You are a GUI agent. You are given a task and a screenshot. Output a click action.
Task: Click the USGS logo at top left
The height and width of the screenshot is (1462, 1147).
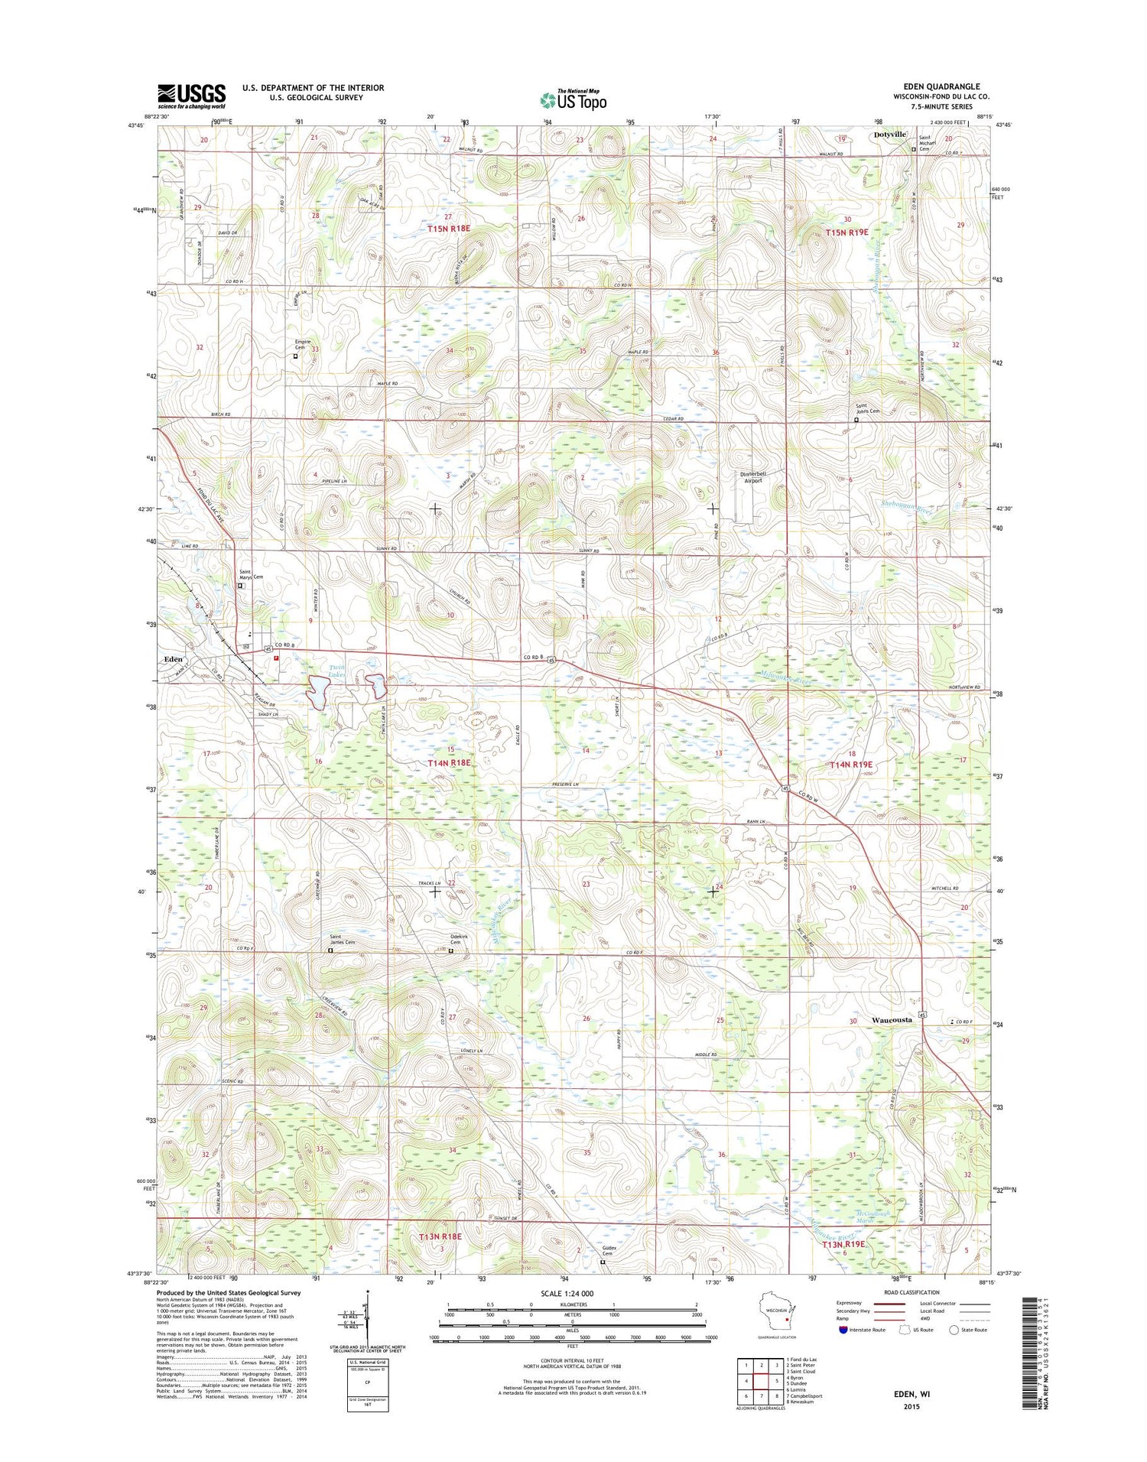pyautogui.click(x=191, y=95)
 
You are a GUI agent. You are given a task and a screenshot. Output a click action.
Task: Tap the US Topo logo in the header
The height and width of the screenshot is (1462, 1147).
pyautogui.click(x=573, y=99)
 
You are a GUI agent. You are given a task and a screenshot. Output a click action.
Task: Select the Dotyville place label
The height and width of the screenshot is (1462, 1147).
pyautogui.click(x=889, y=135)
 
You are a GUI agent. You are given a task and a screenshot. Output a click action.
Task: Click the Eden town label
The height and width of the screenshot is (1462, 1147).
pyautogui.click(x=172, y=658)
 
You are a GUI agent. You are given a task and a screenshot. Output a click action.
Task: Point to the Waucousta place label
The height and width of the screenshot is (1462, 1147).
pyautogui.click(x=892, y=1020)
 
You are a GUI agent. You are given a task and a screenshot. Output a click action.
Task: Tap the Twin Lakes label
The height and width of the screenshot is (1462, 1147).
pyautogui.click(x=337, y=671)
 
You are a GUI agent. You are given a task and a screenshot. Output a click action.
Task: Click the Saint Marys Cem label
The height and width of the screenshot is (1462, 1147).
pyautogui.click(x=251, y=574)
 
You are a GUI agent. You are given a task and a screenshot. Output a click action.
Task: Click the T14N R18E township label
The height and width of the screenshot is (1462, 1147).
pyautogui.click(x=448, y=762)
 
